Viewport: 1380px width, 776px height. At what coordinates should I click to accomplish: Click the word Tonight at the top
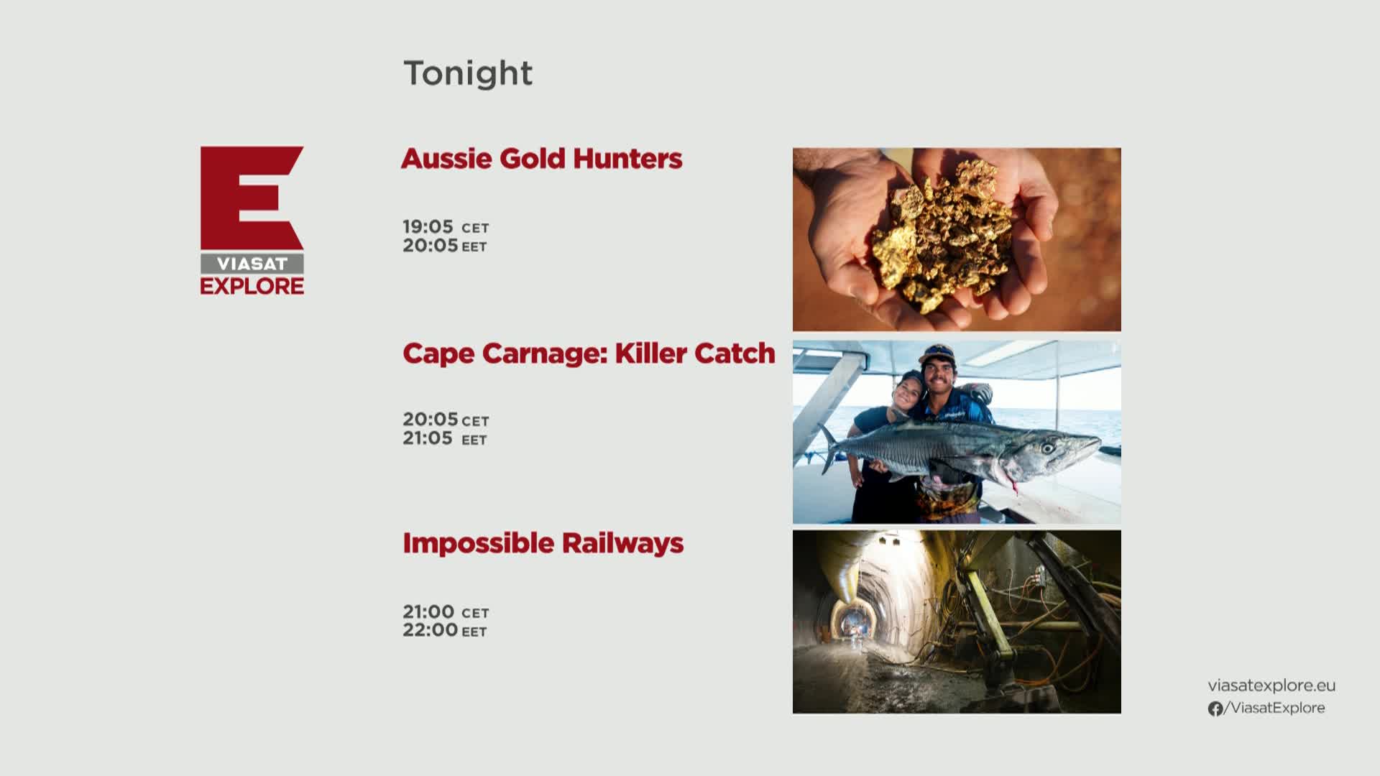click(468, 73)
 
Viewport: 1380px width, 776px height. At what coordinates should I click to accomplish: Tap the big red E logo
click(251, 198)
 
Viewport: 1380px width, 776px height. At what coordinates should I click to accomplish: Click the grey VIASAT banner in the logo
click(252, 264)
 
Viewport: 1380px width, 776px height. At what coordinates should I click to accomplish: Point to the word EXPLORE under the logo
click(252, 286)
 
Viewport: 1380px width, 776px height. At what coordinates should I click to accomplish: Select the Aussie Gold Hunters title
click(541, 159)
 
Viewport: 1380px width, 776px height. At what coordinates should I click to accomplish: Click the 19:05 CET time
click(446, 227)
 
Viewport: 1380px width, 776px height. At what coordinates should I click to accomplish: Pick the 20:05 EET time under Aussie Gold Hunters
click(445, 246)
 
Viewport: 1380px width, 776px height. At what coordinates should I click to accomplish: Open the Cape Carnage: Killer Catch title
click(589, 354)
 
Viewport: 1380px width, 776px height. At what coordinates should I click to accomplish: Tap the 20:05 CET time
click(446, 420)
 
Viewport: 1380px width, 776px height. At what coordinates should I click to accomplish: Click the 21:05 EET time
click(445, 438)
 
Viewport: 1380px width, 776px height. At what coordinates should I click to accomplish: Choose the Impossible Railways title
click(543, 544)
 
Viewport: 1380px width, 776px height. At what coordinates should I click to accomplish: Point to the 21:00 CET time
click(446, 612)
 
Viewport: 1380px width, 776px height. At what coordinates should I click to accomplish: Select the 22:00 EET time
click(445, 630)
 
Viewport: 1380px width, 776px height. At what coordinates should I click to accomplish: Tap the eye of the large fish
click(1048, 448)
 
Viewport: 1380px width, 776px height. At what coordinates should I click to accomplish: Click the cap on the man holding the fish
click(937, 353)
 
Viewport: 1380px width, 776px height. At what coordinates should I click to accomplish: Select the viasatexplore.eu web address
click(1271, 685)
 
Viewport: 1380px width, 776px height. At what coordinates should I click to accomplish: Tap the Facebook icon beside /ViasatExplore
click(1215, 708)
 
